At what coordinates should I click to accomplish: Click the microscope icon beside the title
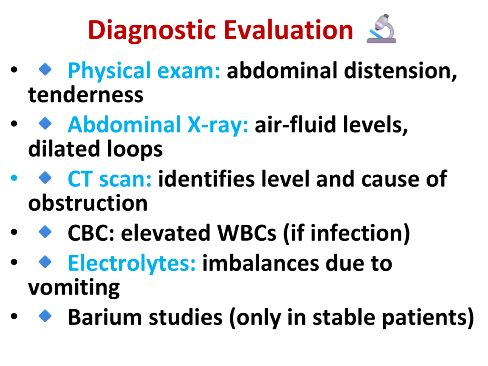click(x=381, y=29)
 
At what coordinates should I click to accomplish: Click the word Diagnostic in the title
click(x=152, y=30)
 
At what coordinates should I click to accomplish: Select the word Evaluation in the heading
click(x=288, y=30)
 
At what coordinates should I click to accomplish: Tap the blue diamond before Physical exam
click(x=45, y=69)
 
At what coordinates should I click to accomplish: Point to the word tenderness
click(x=86, y=95)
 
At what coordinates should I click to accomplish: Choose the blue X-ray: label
click(x=218, y=125)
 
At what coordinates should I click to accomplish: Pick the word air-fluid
click(x=295, y=124)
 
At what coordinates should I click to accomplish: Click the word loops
click(x=134, y=149)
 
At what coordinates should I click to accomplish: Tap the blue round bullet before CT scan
click(x=14, y=178)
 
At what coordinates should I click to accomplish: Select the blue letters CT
click(x=80, y=179)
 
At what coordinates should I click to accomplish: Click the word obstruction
click(x=88, y=203)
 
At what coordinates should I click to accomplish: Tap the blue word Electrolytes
click(x=132, y=263)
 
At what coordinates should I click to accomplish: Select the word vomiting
click(x=74, y=288)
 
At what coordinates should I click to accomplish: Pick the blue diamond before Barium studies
click(x=45, y=316)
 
